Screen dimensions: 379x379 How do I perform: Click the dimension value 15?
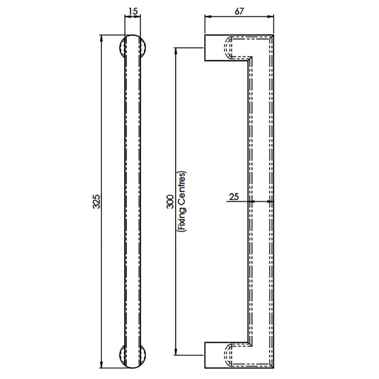click(133, 11)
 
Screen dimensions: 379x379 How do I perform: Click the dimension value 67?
click(239, 11)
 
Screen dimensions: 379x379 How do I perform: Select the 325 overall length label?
click(97, 201)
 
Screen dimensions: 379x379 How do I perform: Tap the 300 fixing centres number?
click(171, 202)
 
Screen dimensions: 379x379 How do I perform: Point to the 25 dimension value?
click(234, 197)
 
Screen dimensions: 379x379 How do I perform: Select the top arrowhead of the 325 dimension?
click(101, 38)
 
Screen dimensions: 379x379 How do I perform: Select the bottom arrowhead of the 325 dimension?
click(101, 365)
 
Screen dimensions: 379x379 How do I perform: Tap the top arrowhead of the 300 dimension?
click(176, 51)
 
